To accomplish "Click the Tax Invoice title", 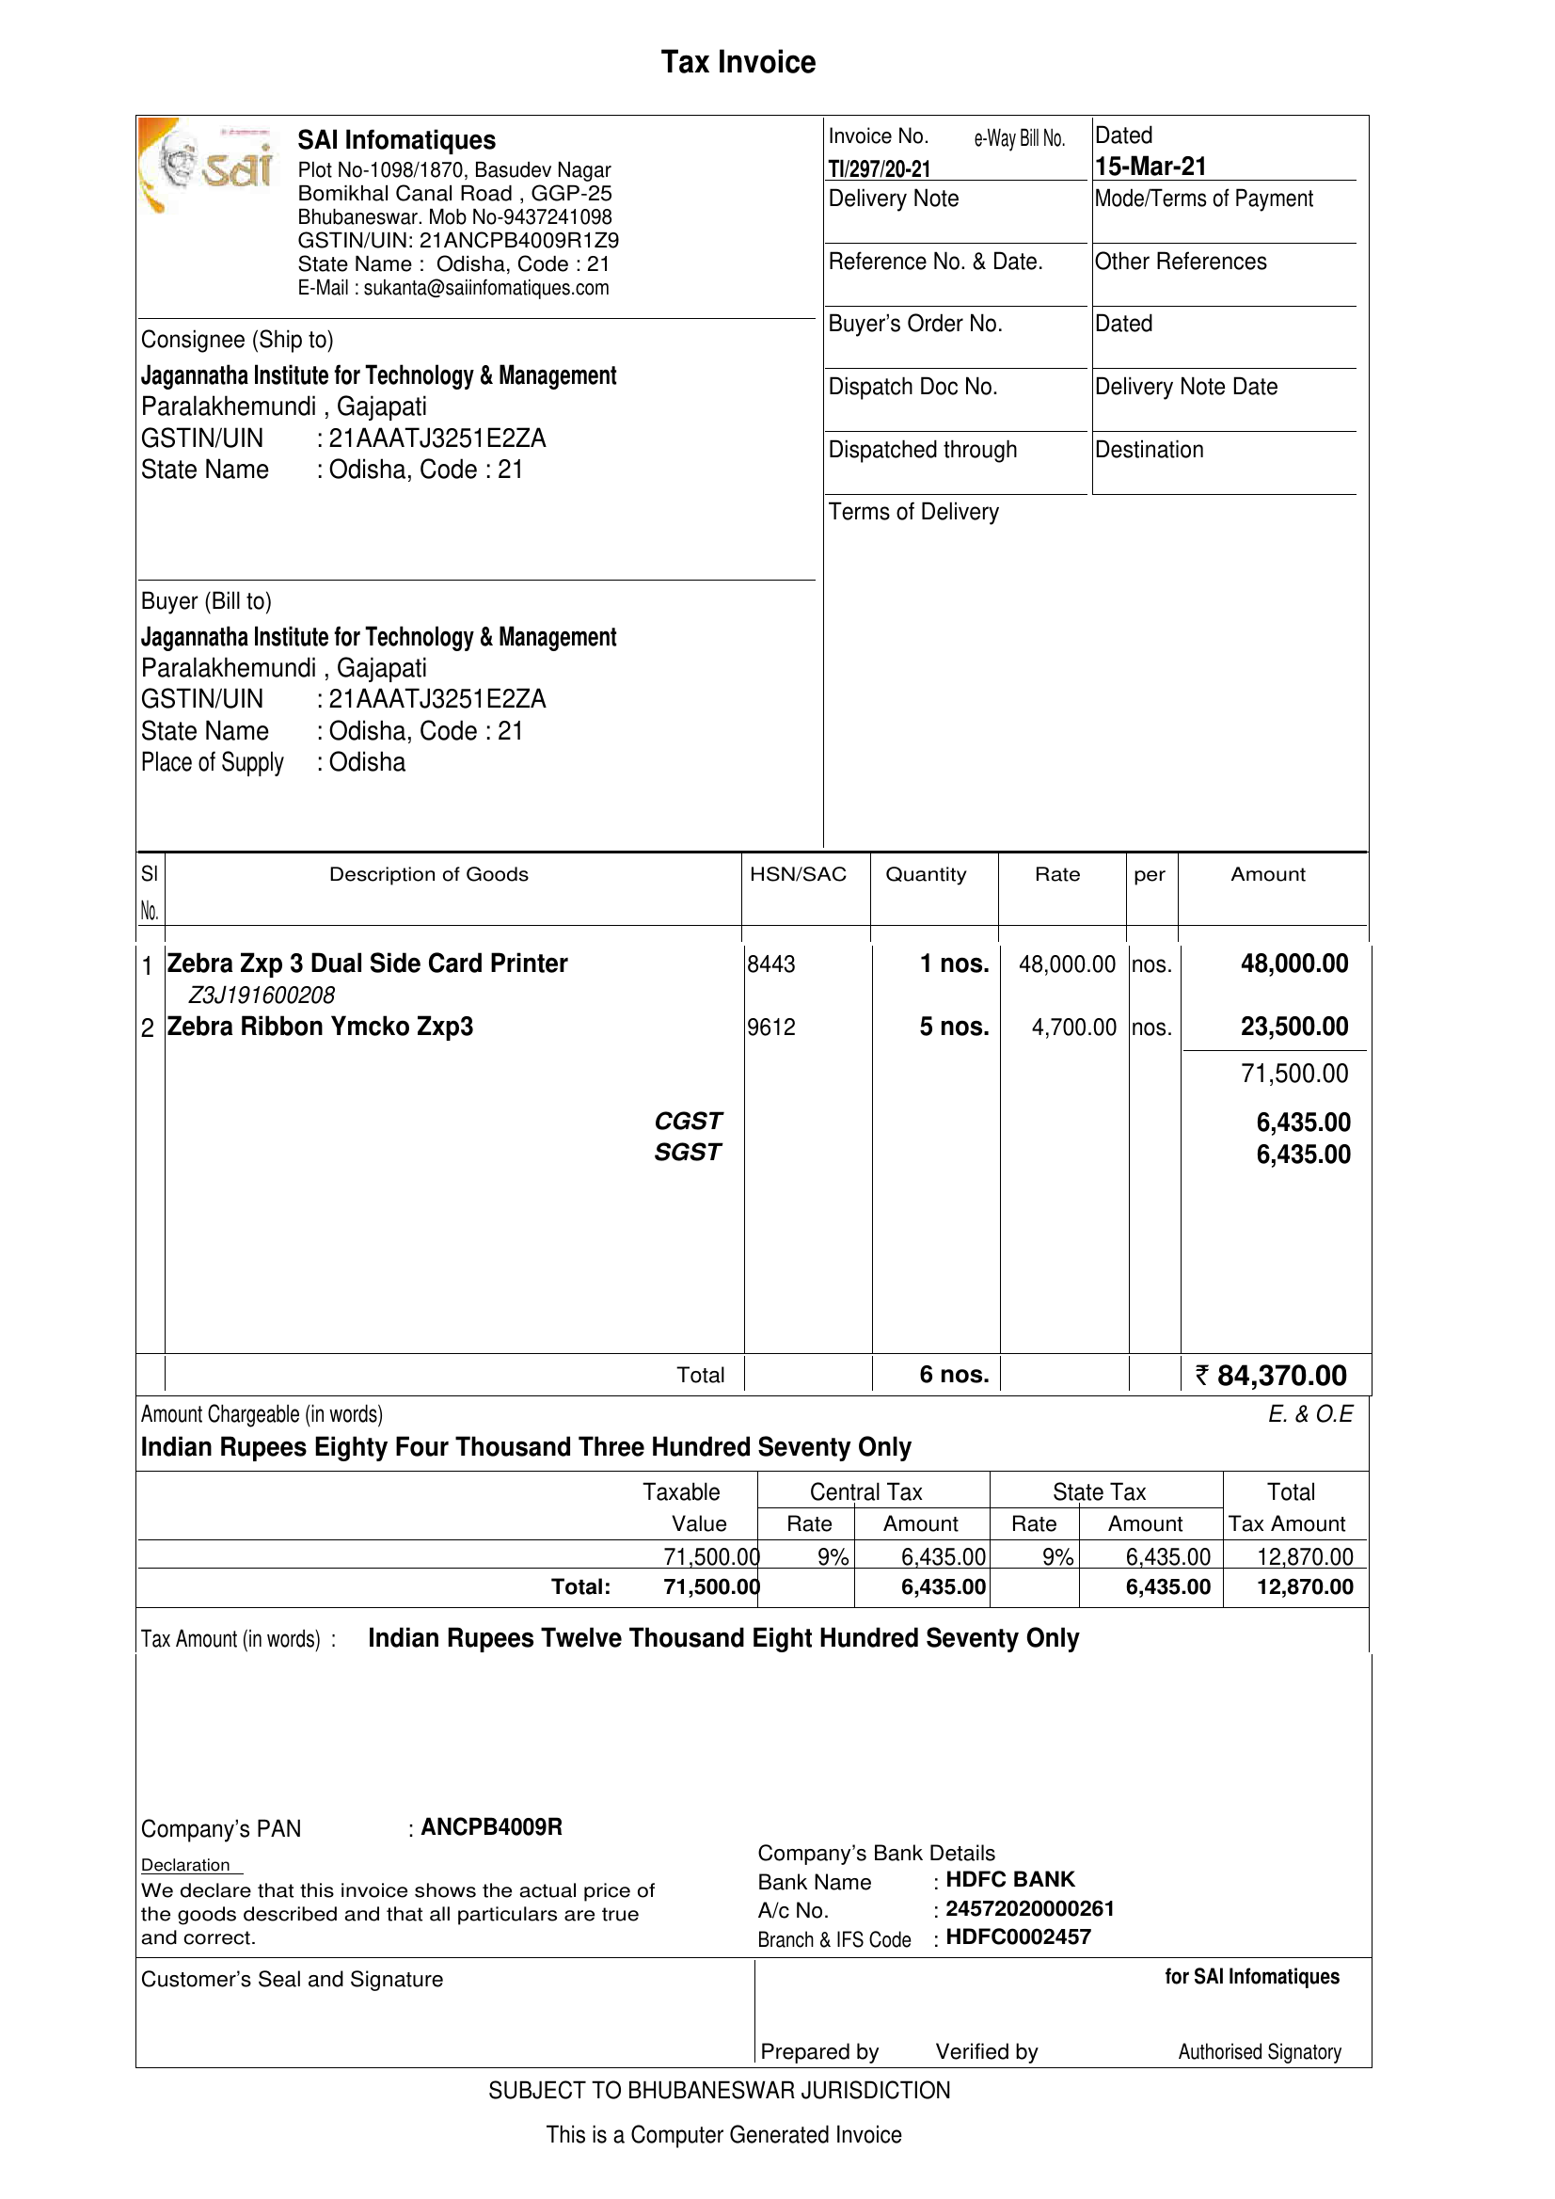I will pyautogui.click(x=738, y=63).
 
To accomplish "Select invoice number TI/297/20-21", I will pyautogui.click(x=879, y=169).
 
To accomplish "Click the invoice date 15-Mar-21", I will pyautogui.click(x=1150, y=167).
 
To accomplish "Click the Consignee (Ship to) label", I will pyautogui.click(x=237, y=340).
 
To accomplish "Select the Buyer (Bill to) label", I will pyautogui.click(x=206, y=601).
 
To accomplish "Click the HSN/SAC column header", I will pyautogui.click(x=798, y=874).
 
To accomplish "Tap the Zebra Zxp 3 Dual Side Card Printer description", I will pyautogui.click(x=367, y=964).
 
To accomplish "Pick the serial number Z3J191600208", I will pyautogui.click(x=262, y=996).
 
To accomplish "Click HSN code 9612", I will pyautogui.click(x=770, y=1028).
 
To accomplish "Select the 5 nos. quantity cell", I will pyautogui.click(x=954, y=1027).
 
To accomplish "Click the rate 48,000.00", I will pyautogui.click(x=1067, y=964).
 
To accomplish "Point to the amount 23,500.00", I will pyautogui.click(x=1293, y=1027).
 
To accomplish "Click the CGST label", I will pyautogui.click(x=688, y=1122).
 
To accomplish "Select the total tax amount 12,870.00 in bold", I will pyautogui.click(x=1304, y=1587).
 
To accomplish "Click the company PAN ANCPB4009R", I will pyautogui.click(x=491, y=1827).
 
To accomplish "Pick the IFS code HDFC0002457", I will pyautogui.click(x=1018, y=1936).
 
